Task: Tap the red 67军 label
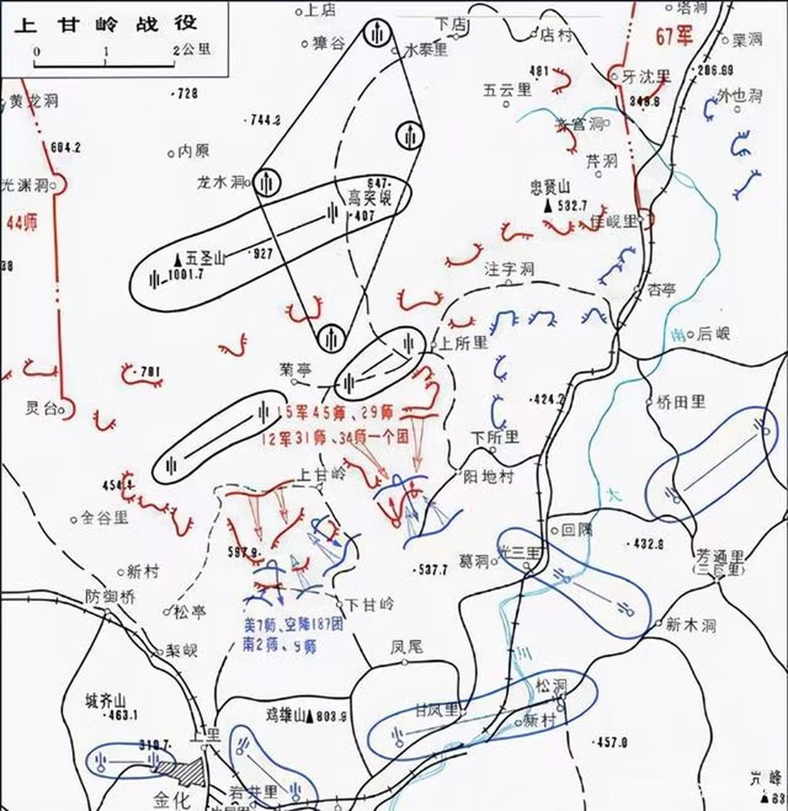(675, 36)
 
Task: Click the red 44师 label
(22, 222)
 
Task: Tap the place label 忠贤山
(550, 188)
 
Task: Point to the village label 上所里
(463, 343)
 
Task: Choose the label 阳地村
(489, 476)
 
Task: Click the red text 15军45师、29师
(340, 412)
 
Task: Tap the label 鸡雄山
(285, 716)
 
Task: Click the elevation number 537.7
(432, 570)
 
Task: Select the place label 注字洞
(509, 269)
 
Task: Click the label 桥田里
(680, 402)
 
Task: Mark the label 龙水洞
(221, 182)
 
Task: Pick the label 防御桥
(110, 597)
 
